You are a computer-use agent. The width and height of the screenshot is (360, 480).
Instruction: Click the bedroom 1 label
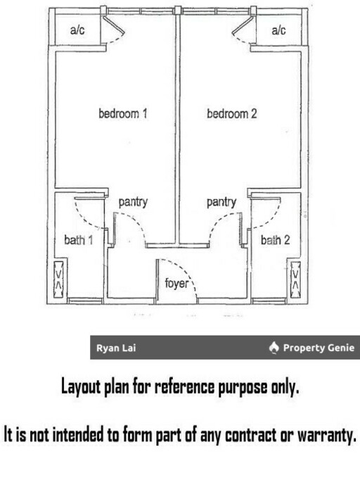[x=123, y=113]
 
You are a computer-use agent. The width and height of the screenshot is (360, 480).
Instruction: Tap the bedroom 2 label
[x=232, y=113]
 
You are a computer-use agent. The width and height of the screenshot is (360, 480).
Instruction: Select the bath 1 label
[x=78, y=240]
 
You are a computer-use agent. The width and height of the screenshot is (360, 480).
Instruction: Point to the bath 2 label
[x=276, y=240]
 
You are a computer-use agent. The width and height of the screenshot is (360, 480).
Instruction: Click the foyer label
[x=176, y=283]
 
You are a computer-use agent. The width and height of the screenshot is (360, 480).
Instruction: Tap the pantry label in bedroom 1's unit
[x=133, y=203]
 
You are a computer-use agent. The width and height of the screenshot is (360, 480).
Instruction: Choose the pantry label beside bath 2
[x=221, y=203]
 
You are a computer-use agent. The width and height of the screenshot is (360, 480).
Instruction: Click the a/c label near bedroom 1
[x=77, y=30]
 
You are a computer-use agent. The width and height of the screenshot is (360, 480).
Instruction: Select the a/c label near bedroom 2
[x=278, y=30]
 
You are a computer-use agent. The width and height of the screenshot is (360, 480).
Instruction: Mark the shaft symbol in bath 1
[x=58, y=279]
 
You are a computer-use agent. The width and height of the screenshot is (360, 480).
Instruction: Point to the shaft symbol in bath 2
[x=295, y=279]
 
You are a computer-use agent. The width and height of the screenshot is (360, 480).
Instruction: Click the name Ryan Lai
[x=116, y=348]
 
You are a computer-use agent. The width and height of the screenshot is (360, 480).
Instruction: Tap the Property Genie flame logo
[x=274, y=348]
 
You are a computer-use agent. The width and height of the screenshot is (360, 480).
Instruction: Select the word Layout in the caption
[x=81, y=386]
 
